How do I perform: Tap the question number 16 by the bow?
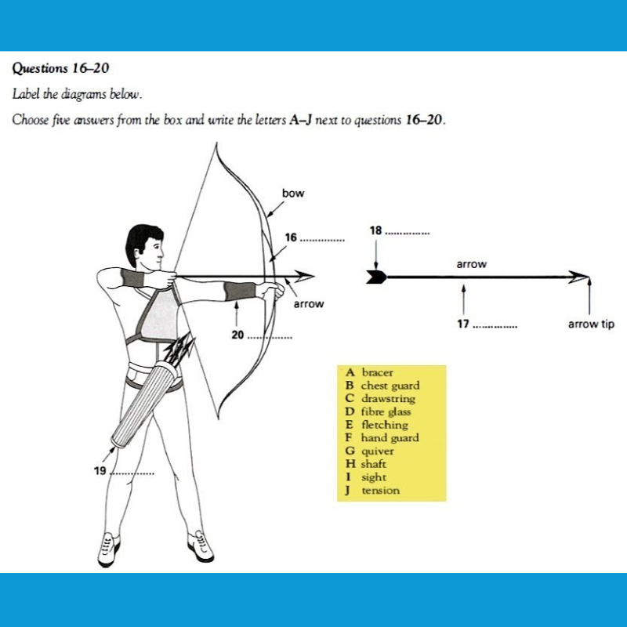292,237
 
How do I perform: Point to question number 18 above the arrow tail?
375,230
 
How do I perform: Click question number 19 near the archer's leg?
100,472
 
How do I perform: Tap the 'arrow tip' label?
590,323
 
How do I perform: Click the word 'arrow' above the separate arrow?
471,264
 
